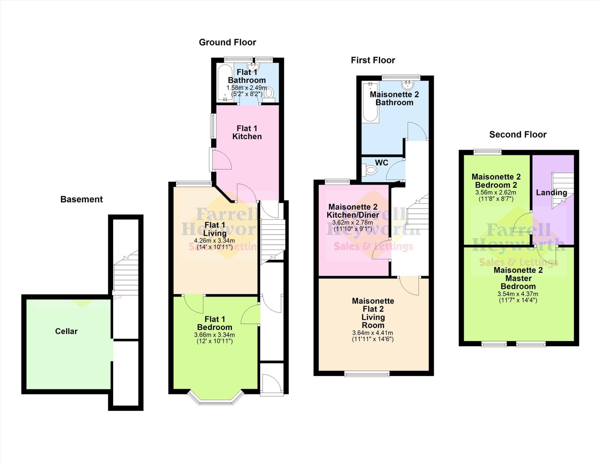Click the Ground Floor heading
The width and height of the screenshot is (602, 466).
227,42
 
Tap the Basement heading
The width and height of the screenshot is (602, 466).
81,199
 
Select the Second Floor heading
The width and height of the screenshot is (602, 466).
518,135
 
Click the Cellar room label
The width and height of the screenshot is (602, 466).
66,331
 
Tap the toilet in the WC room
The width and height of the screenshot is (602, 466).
371,170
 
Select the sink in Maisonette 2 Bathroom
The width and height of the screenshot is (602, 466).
408,85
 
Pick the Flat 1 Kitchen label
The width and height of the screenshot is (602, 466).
247,132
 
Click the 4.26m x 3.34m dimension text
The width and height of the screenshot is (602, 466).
214,241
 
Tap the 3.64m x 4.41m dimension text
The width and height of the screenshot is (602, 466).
372,333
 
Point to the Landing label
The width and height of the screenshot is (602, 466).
551,193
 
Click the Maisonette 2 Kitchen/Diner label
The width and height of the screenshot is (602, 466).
353,211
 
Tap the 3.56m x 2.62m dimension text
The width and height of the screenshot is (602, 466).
496,193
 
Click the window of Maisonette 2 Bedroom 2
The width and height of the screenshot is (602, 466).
487,152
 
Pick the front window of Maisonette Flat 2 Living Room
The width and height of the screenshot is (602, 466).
367,374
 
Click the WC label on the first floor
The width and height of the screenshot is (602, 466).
382,162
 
